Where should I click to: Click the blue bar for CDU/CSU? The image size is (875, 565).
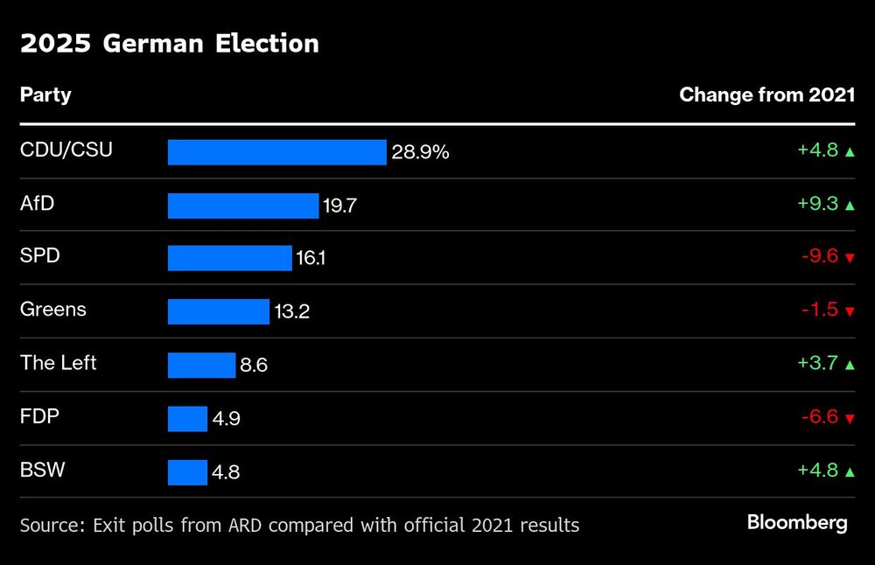pyautogui.click(x=276, y=152)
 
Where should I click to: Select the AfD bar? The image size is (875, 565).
pyautogui.click(x=243, y=206)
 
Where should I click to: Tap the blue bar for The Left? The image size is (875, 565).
pyautogui.click(x=201, y=365)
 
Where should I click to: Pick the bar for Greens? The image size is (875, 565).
pyautogui.click(x=218, y=311)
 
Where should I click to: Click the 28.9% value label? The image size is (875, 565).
pyautogui.click(x=420, y=152)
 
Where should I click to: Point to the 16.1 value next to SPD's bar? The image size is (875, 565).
pyautogui.click(x=311, y=259)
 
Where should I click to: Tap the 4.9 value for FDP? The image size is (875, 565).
pyautogui.click(x=226, y=419)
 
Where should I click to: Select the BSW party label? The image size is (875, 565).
pyautogui.click(x=42, y=471)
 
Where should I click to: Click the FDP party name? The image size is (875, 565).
pyautogui.click(x=39, y=416)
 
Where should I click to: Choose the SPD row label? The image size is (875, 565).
pyautogui.click(x=39, y=257)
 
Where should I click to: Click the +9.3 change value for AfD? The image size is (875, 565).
pyautogui.click(x=817, y=204)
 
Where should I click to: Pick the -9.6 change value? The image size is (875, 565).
pyautogui.click(x=819, y=257)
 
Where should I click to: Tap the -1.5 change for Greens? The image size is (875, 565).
pyautogui.click(x=819, y=310)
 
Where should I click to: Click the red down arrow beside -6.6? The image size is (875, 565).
pyautogui.click(x=849, y=419)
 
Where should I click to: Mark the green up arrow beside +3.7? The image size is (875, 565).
pyautogui.click(x=849, y=365)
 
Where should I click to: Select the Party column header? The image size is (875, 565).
pyautogui.click(x=45, y=94)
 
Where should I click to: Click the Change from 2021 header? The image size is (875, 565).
pyautogui.click(x=766, y=94)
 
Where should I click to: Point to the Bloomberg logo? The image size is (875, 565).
pyautogui.click(x=796, y=523)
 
